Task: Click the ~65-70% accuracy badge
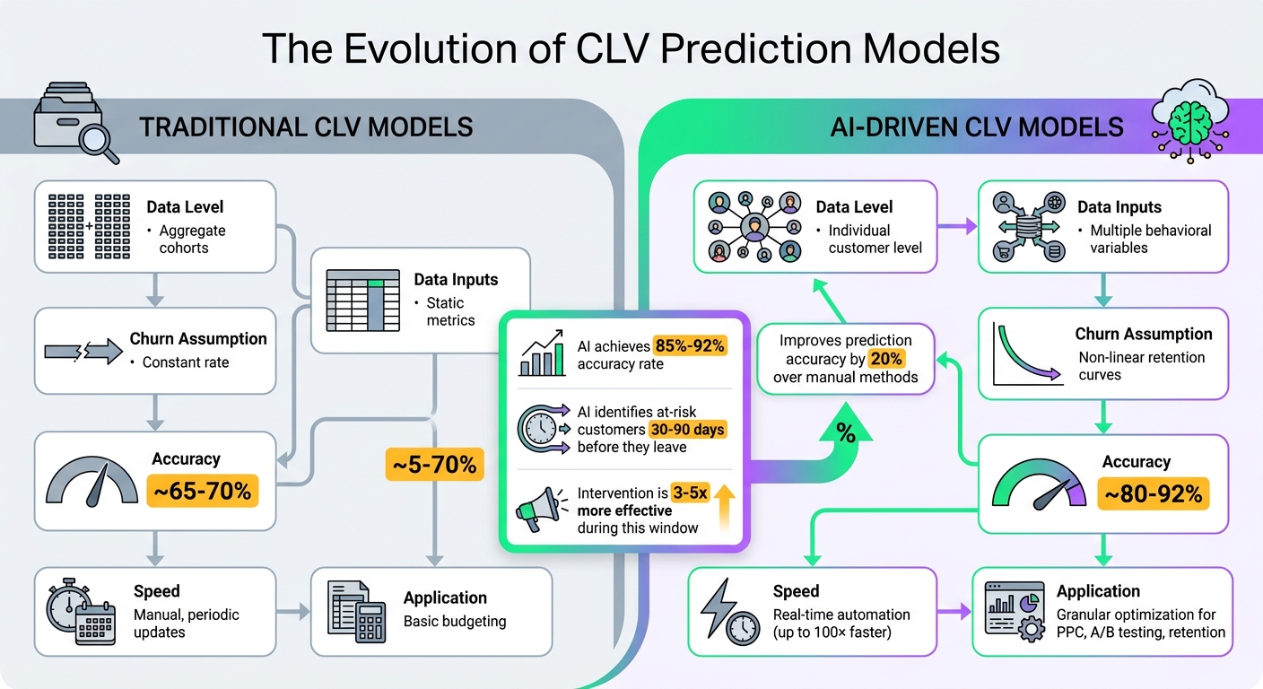point(202,492)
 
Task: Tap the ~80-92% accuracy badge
point(1154,494)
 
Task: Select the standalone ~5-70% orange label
point(434,464)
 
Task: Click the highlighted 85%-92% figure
point(690,345)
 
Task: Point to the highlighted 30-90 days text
point(687,429)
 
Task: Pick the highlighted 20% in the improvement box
point(886,359)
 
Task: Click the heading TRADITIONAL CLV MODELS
point(306,126)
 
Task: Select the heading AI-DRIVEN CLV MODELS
point(977,126)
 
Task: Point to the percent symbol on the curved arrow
point(845,433)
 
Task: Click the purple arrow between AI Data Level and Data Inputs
point(957,228)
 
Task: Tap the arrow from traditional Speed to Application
point(292,613)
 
